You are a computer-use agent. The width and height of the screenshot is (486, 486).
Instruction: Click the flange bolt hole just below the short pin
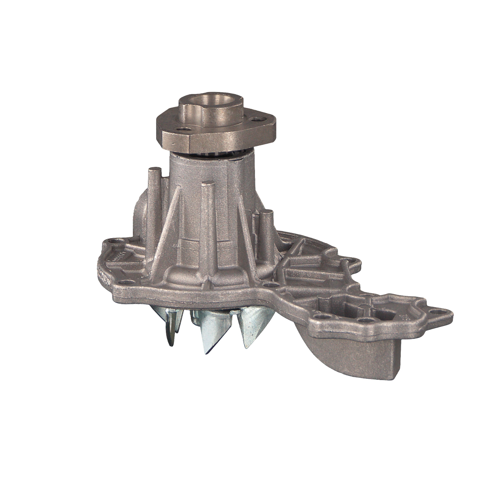[271, 285]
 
